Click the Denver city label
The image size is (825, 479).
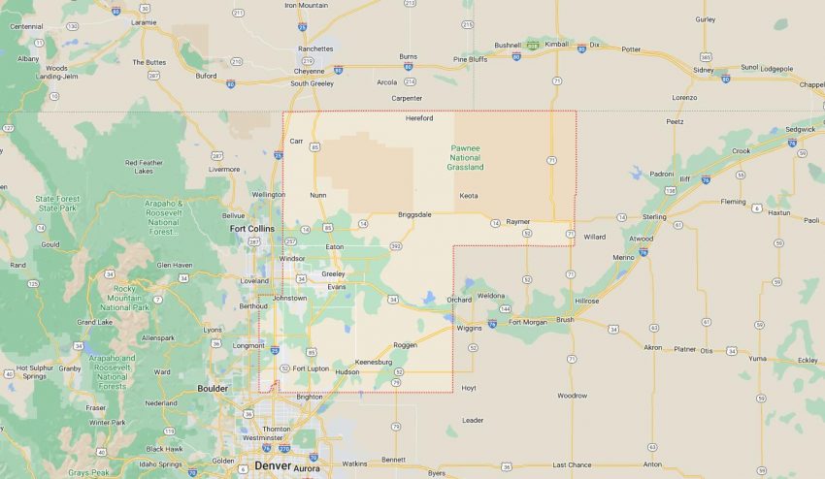(x=273, y=466)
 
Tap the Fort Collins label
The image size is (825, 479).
(x=250, y=229)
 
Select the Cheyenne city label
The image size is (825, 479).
(x=310, y=71)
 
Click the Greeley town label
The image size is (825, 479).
(x=333, y=273)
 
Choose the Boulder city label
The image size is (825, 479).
(x=213, y=389)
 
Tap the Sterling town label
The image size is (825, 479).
(x=654, y=216)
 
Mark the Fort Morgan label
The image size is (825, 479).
(x=528, y=321)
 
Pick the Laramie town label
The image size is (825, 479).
(x=143, y=20)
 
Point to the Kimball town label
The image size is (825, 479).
(x=557, y=44)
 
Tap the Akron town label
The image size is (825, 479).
(x=653, y=346)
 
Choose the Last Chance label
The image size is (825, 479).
(x=572, y=464)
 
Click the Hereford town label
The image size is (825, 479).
(x=419, y=118)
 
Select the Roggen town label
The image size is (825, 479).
(x=406, y=345)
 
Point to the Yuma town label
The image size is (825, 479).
(x=757, y=358)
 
